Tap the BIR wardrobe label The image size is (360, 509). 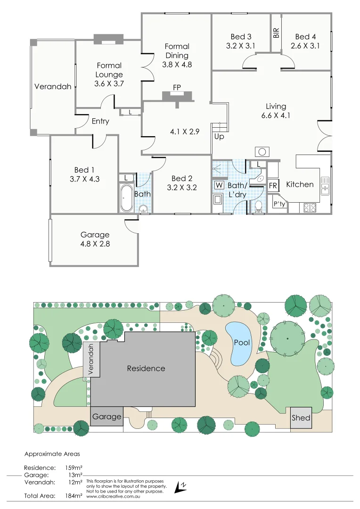[x=276, y=33]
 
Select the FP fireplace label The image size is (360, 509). [x=177, y=88]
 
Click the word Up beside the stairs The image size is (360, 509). [x=219, y=137]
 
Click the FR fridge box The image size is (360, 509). [x=273, y=186]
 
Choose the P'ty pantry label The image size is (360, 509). [x=279, y=204]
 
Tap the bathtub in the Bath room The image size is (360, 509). [x=126, y=198]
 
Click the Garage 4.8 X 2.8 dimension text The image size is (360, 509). [x=95, y=244]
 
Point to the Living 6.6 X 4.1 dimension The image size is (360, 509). [x=276, y=115]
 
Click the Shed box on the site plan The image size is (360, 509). [x=301, y=418]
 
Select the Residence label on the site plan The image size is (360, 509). [x=146, y=369]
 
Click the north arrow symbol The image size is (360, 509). [x=180, y=487]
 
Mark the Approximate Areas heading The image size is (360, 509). [x=52, y=454]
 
